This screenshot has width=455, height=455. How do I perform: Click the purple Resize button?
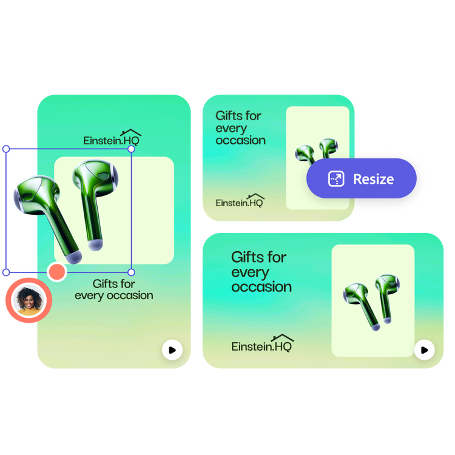pyautogui.click(x=362, y=179)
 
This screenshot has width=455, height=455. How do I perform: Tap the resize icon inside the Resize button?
pyautogui.click(x=335, y=179)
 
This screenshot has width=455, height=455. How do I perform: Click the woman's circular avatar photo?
pyautogui.click(x=28, y=300)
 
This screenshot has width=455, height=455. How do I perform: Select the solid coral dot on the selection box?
pyautogui.click(x=56, y=271)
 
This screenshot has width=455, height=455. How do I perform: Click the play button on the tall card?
pyautogui.click(x=172, y=350)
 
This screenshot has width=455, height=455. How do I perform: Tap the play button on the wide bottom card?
pyautogui.click(x=424, y=349)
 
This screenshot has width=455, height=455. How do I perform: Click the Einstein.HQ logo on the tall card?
pyautogui.click(x=113, y=139)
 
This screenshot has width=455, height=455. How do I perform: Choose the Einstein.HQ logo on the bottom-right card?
pyautogui.click(x=263, y=345)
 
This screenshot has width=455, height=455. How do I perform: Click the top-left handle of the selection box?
pyautogui.click(x=6, y=149)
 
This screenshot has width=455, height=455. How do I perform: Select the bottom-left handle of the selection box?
pyautogui.click(x=6, y=272)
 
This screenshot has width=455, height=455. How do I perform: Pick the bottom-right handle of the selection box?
pyautogui.click(x=132, y=272)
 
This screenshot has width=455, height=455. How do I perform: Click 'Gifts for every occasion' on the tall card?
pyautogui.click(x=114, y=290)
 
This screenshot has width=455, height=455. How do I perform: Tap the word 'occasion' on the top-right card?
pyautogui.click(x=241, y=141)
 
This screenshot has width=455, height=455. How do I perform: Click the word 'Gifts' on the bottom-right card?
pyautogui.click(x=250, y=257)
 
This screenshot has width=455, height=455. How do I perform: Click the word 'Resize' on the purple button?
pyautogui.click(x=373, y=179)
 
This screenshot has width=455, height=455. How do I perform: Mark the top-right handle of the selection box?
pyautogui.click(x=132, y=149)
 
